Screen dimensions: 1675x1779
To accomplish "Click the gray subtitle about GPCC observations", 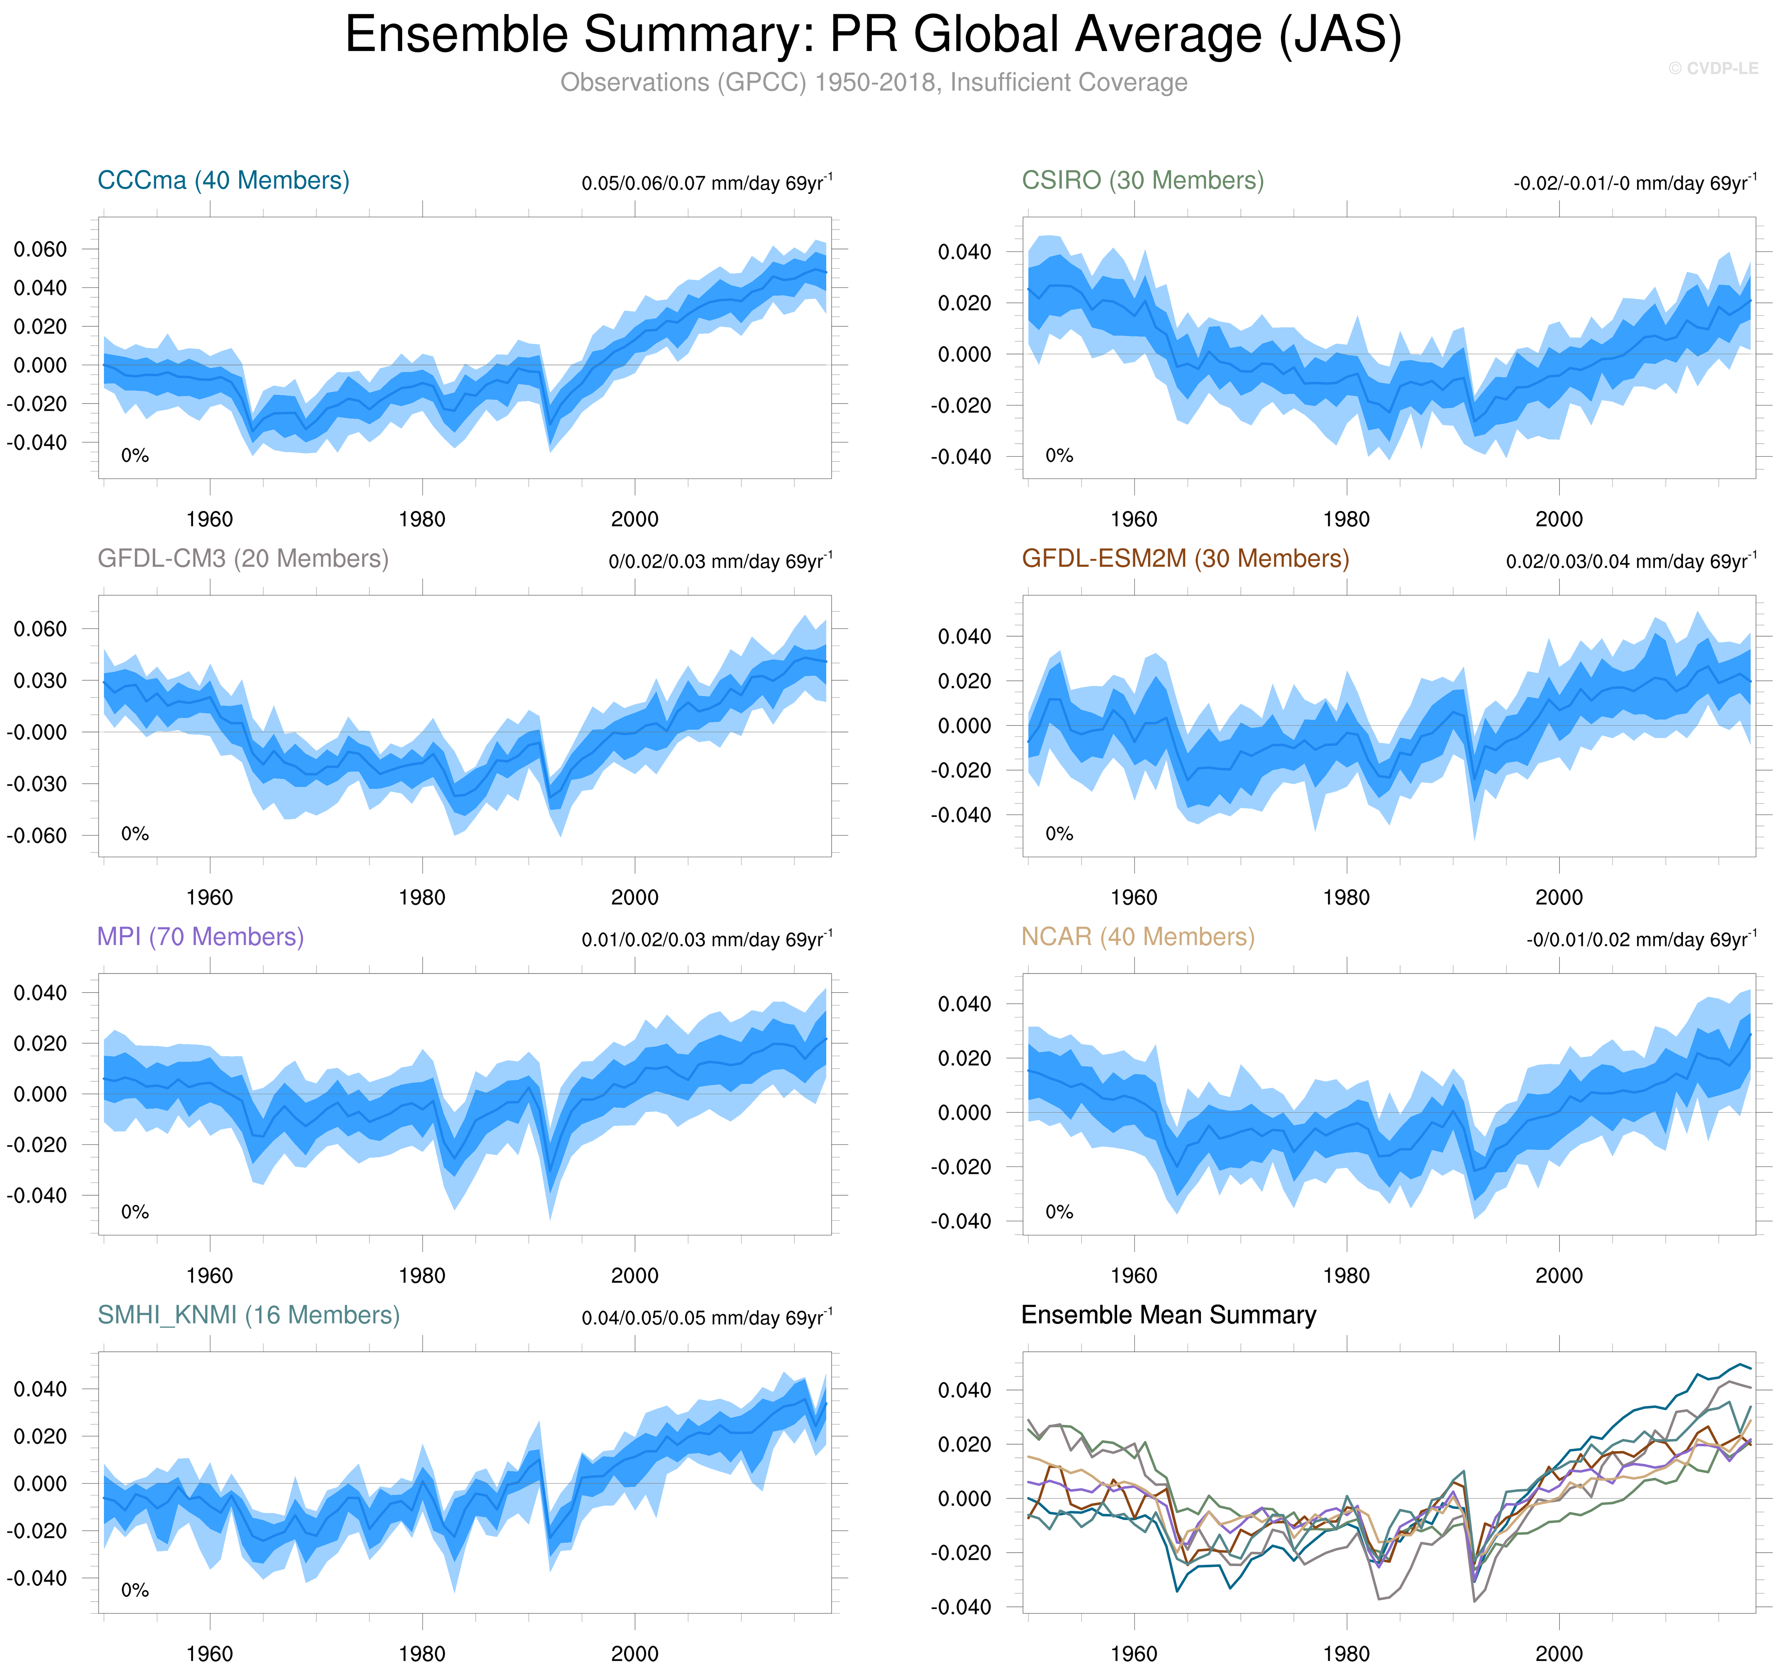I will pos(873,82).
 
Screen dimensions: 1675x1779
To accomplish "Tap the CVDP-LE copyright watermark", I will pos(1713,68).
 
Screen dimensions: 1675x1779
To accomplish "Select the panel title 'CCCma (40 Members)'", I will pos(223,181).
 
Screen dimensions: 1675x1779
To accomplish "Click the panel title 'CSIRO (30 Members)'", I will pos(1143,181).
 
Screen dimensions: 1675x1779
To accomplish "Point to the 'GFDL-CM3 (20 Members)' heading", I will pos(242,559).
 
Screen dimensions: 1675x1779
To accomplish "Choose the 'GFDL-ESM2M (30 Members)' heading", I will pos(1185,559).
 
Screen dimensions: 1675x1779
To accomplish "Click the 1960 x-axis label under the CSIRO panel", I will pos(1134,520).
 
